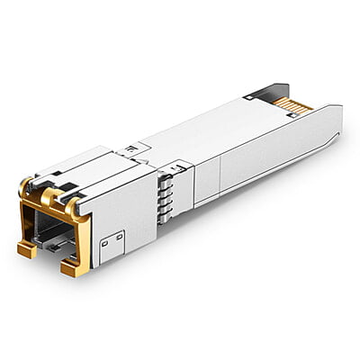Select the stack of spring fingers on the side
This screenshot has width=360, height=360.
[164, 191]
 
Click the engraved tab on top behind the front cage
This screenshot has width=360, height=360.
[134, 147]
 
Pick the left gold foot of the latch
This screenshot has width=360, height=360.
[27, 249]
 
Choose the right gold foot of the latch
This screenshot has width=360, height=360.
[73, 267]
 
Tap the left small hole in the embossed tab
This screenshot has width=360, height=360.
[105, 241]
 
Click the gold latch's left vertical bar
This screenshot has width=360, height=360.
[24, 220]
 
